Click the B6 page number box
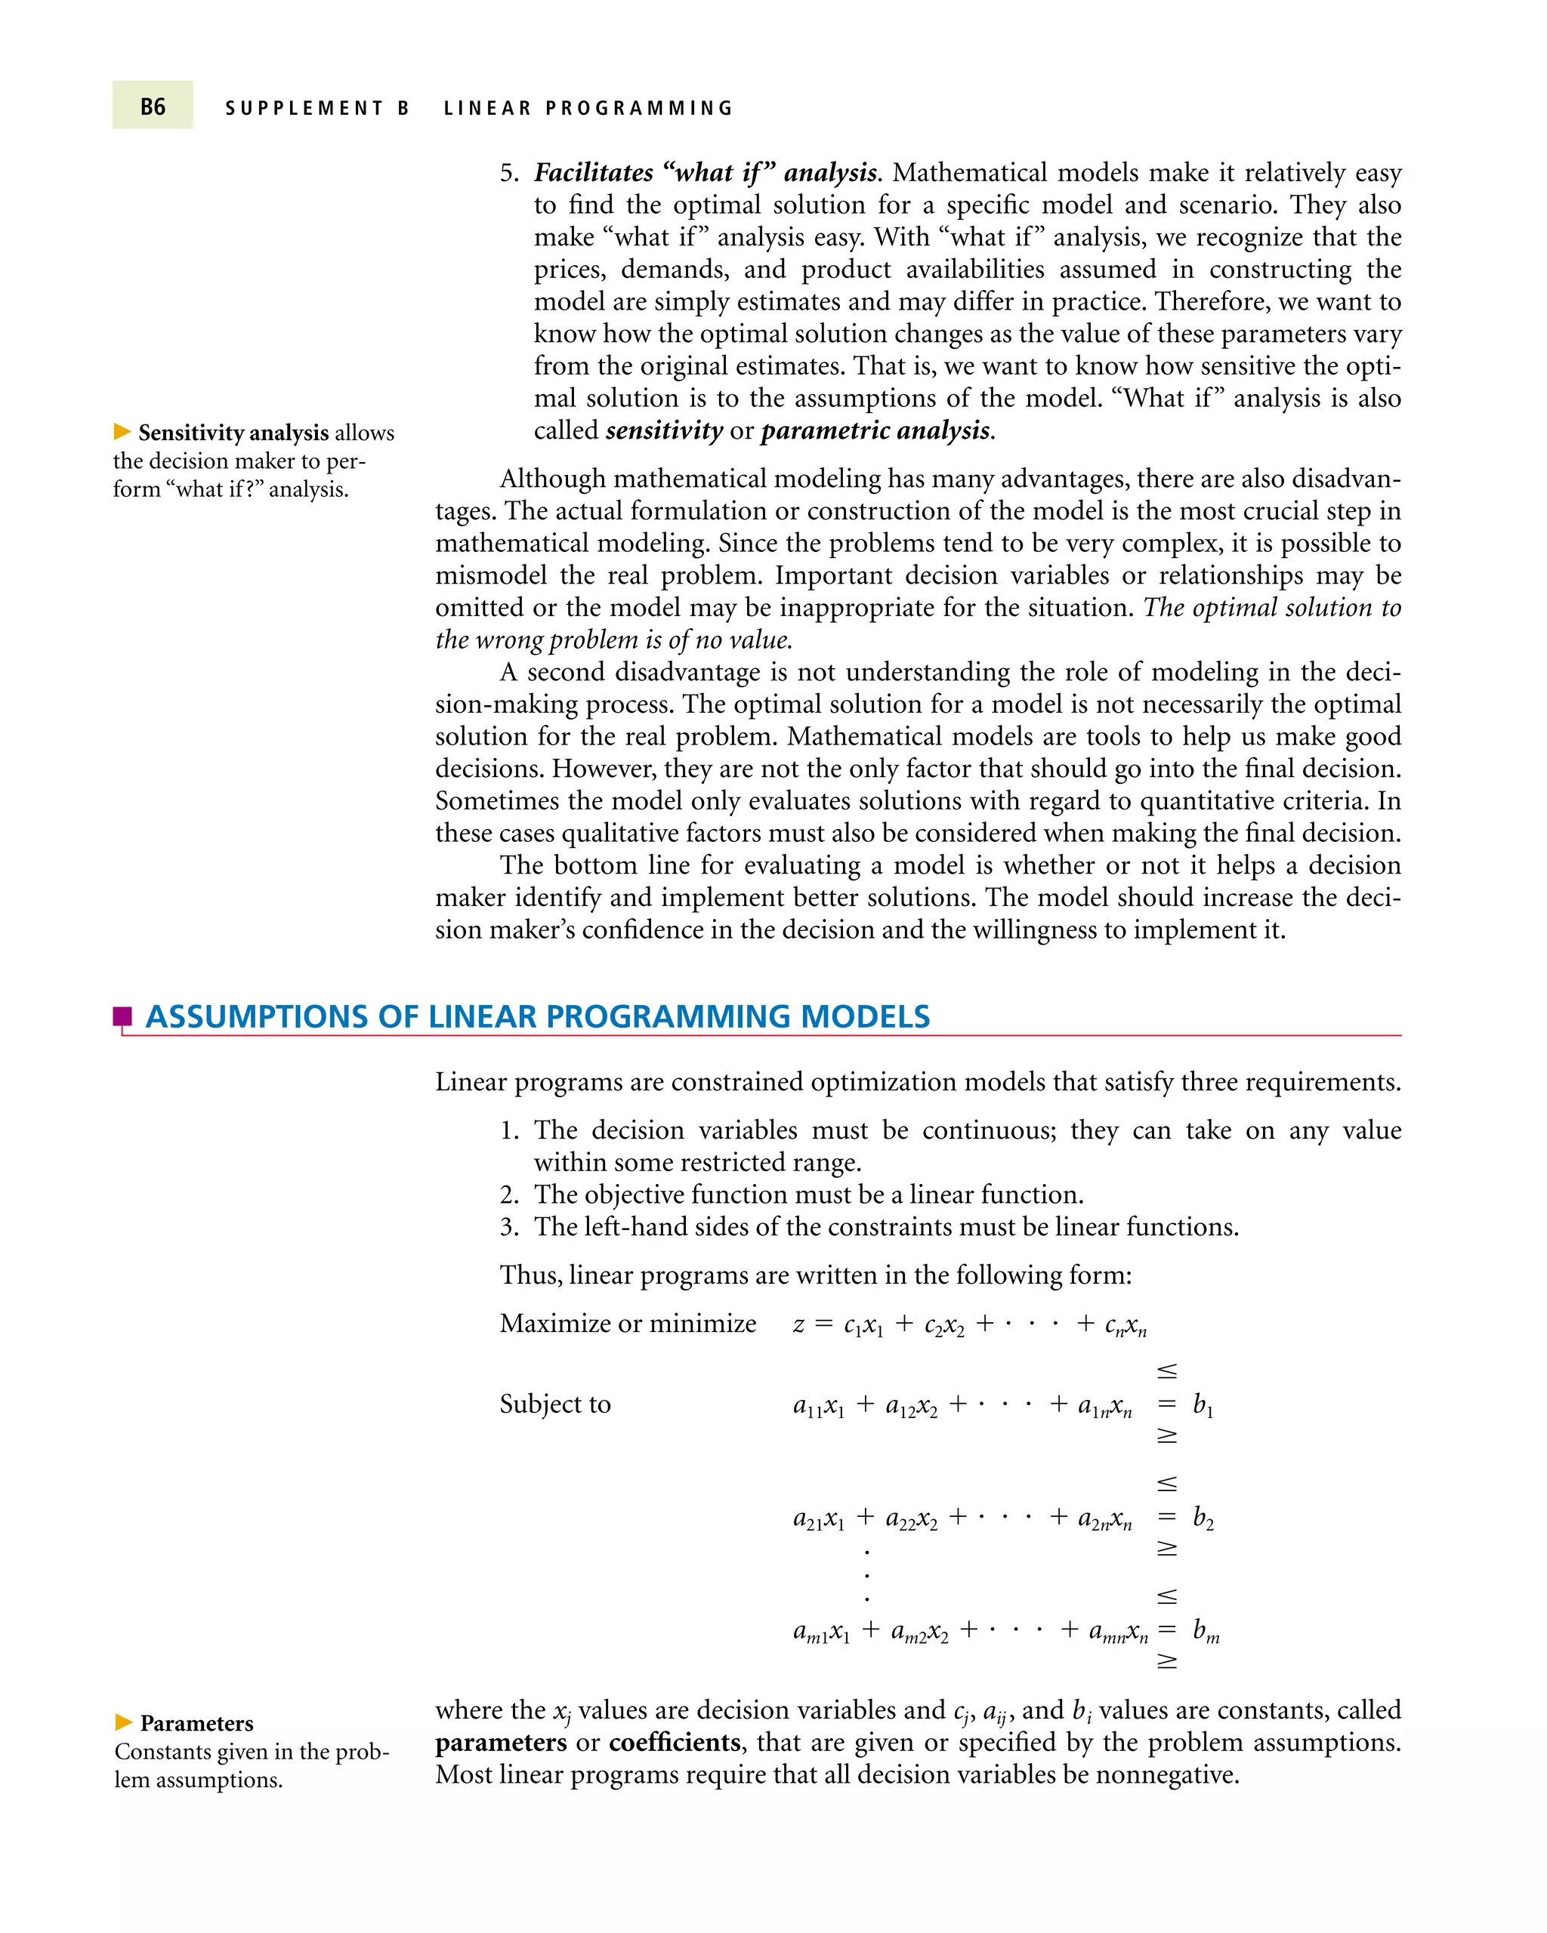pos(153,106)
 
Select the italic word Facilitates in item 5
pos(593,172)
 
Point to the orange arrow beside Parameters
pos(124,1722)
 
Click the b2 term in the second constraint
pos(1203,1518)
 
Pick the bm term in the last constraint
pos(1206,1631)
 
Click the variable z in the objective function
pos(798,1325)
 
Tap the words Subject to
pos(554,1404)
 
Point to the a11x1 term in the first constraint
pos(818,1406)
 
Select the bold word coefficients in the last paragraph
pos(675,1742)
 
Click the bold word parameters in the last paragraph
pos(500,1743)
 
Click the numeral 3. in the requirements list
pos(509,1226)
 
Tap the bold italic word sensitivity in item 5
pos(664,431)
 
